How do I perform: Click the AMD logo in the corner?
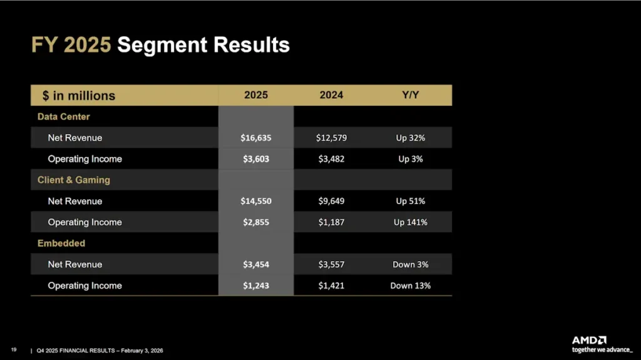589,340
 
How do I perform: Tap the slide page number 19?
13,350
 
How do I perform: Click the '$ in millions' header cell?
79,96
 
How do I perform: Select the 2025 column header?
255,95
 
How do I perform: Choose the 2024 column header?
331,95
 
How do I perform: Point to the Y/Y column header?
410,95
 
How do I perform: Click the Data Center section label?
63,116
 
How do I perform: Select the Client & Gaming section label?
73,180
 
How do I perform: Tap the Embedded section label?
61,243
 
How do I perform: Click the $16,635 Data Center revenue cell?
256,138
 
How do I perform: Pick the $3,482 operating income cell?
331,159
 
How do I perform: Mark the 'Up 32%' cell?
410,138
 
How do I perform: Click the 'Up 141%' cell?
410,222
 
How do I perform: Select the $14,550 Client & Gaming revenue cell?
256,201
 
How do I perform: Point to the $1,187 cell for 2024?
331,222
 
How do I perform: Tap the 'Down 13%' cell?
410,285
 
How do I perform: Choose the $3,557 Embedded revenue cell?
331,264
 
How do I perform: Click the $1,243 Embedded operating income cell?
256,285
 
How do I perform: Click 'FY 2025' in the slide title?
71,45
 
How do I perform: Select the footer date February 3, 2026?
139,351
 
